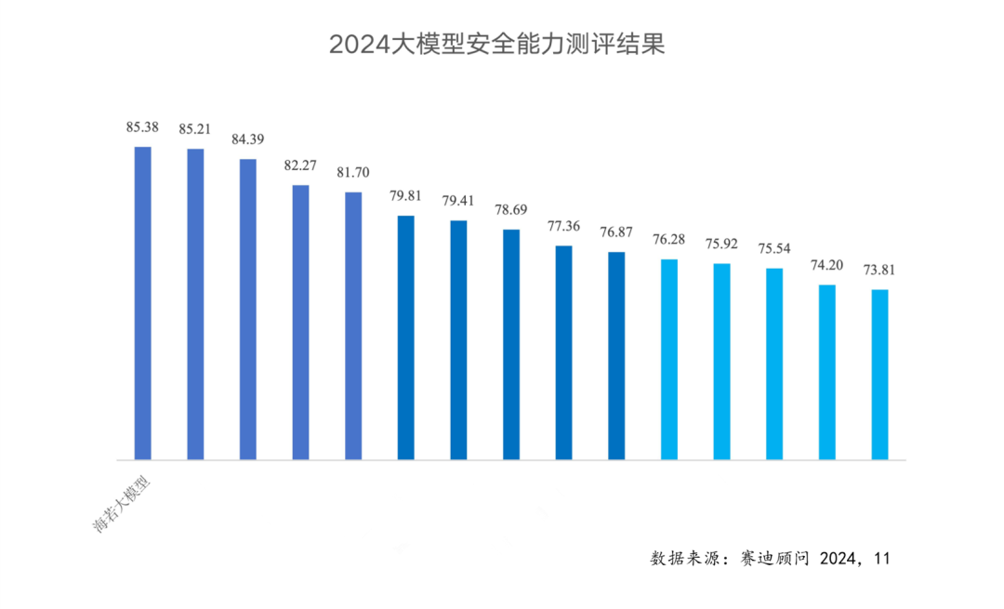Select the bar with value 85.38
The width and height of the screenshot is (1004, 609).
coord(142,303)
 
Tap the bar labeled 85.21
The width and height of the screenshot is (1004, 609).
coord(195,304)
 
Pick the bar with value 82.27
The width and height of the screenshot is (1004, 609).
coord(300,322)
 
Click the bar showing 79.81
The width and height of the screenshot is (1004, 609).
coord(406,338)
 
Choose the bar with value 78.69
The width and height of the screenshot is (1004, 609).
coord(511,344)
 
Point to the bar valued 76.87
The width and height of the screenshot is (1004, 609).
coord(616,355)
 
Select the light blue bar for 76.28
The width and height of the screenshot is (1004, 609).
coord(669,359)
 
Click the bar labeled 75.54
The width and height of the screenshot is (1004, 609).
coord(774,364)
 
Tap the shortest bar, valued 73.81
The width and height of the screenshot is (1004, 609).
coord(879,375)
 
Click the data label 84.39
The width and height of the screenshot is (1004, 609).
coord(247,139)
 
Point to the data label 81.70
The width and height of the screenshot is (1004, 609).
coord(353,173)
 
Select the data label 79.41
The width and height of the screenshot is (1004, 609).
coord(458,201)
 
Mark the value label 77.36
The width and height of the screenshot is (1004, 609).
coord(563,226)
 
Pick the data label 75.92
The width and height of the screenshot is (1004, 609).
coord(721,245)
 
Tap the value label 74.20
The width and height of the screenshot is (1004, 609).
coord(826,265)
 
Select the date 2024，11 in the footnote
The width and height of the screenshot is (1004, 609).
coord(856,558)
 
